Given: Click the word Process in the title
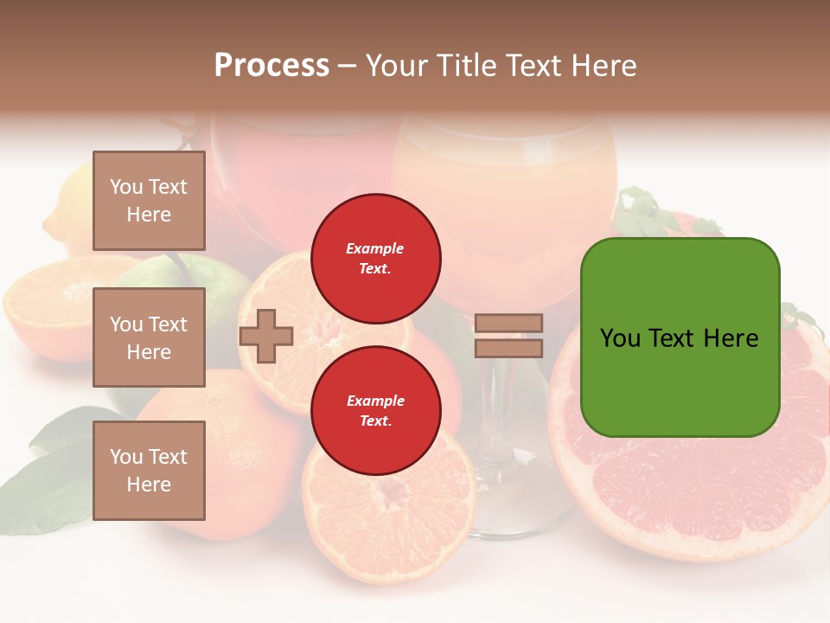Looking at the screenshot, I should [x=271, y=66].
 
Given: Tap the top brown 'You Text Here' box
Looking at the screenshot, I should [x=149, y=201].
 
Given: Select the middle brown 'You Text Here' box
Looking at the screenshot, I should [x=149, y=337].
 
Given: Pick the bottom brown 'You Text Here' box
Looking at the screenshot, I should [x=149, y=471].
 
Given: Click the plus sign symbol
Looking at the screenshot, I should [x=266, y=336].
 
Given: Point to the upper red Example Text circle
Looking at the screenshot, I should [x=375, y=258].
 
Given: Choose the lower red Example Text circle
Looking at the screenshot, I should [x=375, y=410].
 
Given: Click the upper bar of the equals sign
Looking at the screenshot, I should [x=508, y=323].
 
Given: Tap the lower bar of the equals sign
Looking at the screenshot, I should [x=508, y=348].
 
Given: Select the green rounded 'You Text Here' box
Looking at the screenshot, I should [x=680, y=337].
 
